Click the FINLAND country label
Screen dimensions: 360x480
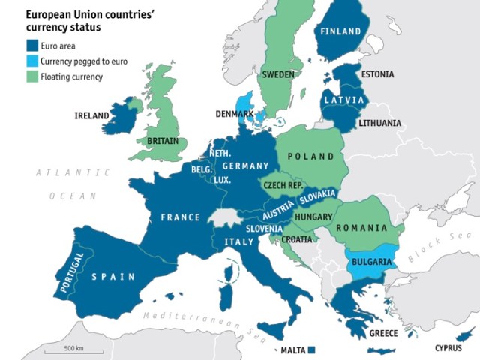point(343,31)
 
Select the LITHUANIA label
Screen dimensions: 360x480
point(379,123)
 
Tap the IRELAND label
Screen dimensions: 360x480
point(91,115)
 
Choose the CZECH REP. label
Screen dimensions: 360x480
point(283,184)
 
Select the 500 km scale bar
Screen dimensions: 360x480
point(73,354)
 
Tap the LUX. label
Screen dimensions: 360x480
point(221,180)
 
